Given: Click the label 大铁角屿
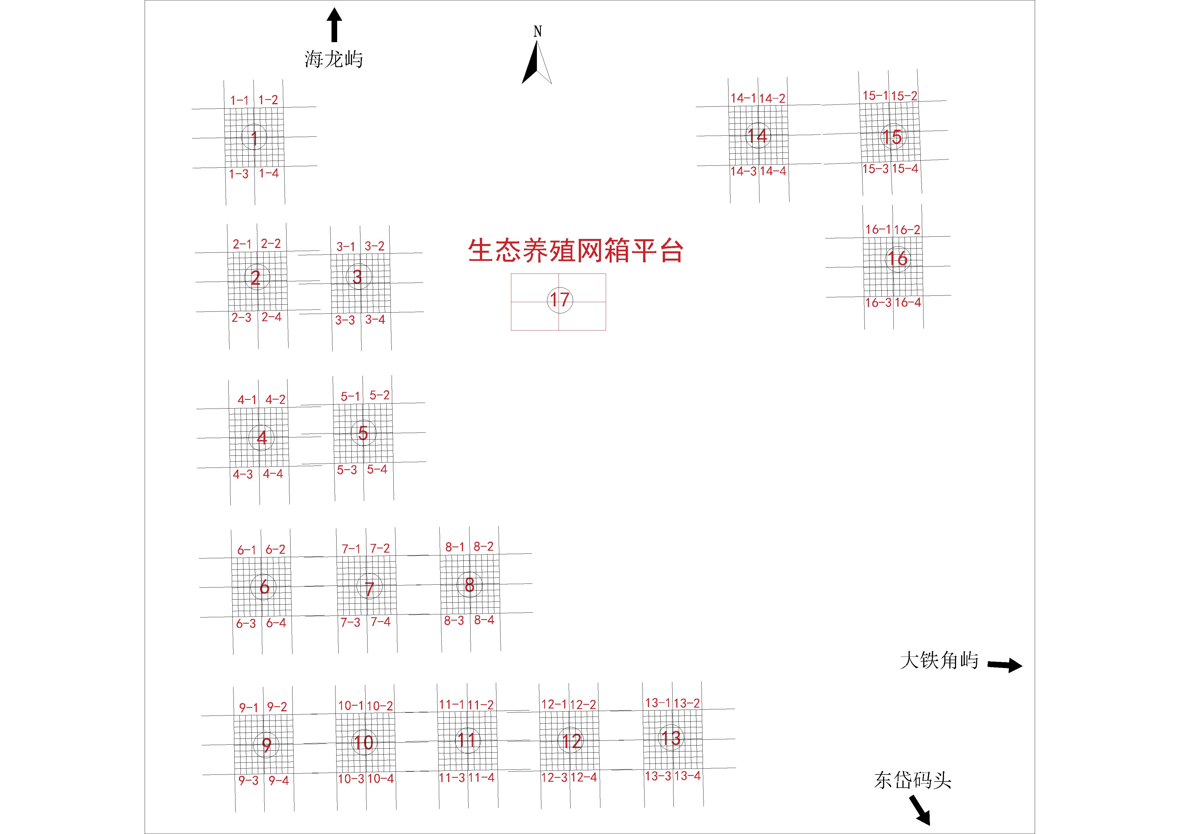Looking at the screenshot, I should coord(939,660).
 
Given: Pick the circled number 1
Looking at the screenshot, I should coord(254,138).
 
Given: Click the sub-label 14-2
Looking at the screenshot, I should coord(772,98).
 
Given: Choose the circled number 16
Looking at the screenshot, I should coord(897,258).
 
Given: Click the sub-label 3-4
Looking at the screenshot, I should coord(375,320).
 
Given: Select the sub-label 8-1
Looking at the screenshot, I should coord(455,547).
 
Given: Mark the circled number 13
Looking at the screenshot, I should coord(671,739).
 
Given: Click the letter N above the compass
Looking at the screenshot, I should coord(537,32).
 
